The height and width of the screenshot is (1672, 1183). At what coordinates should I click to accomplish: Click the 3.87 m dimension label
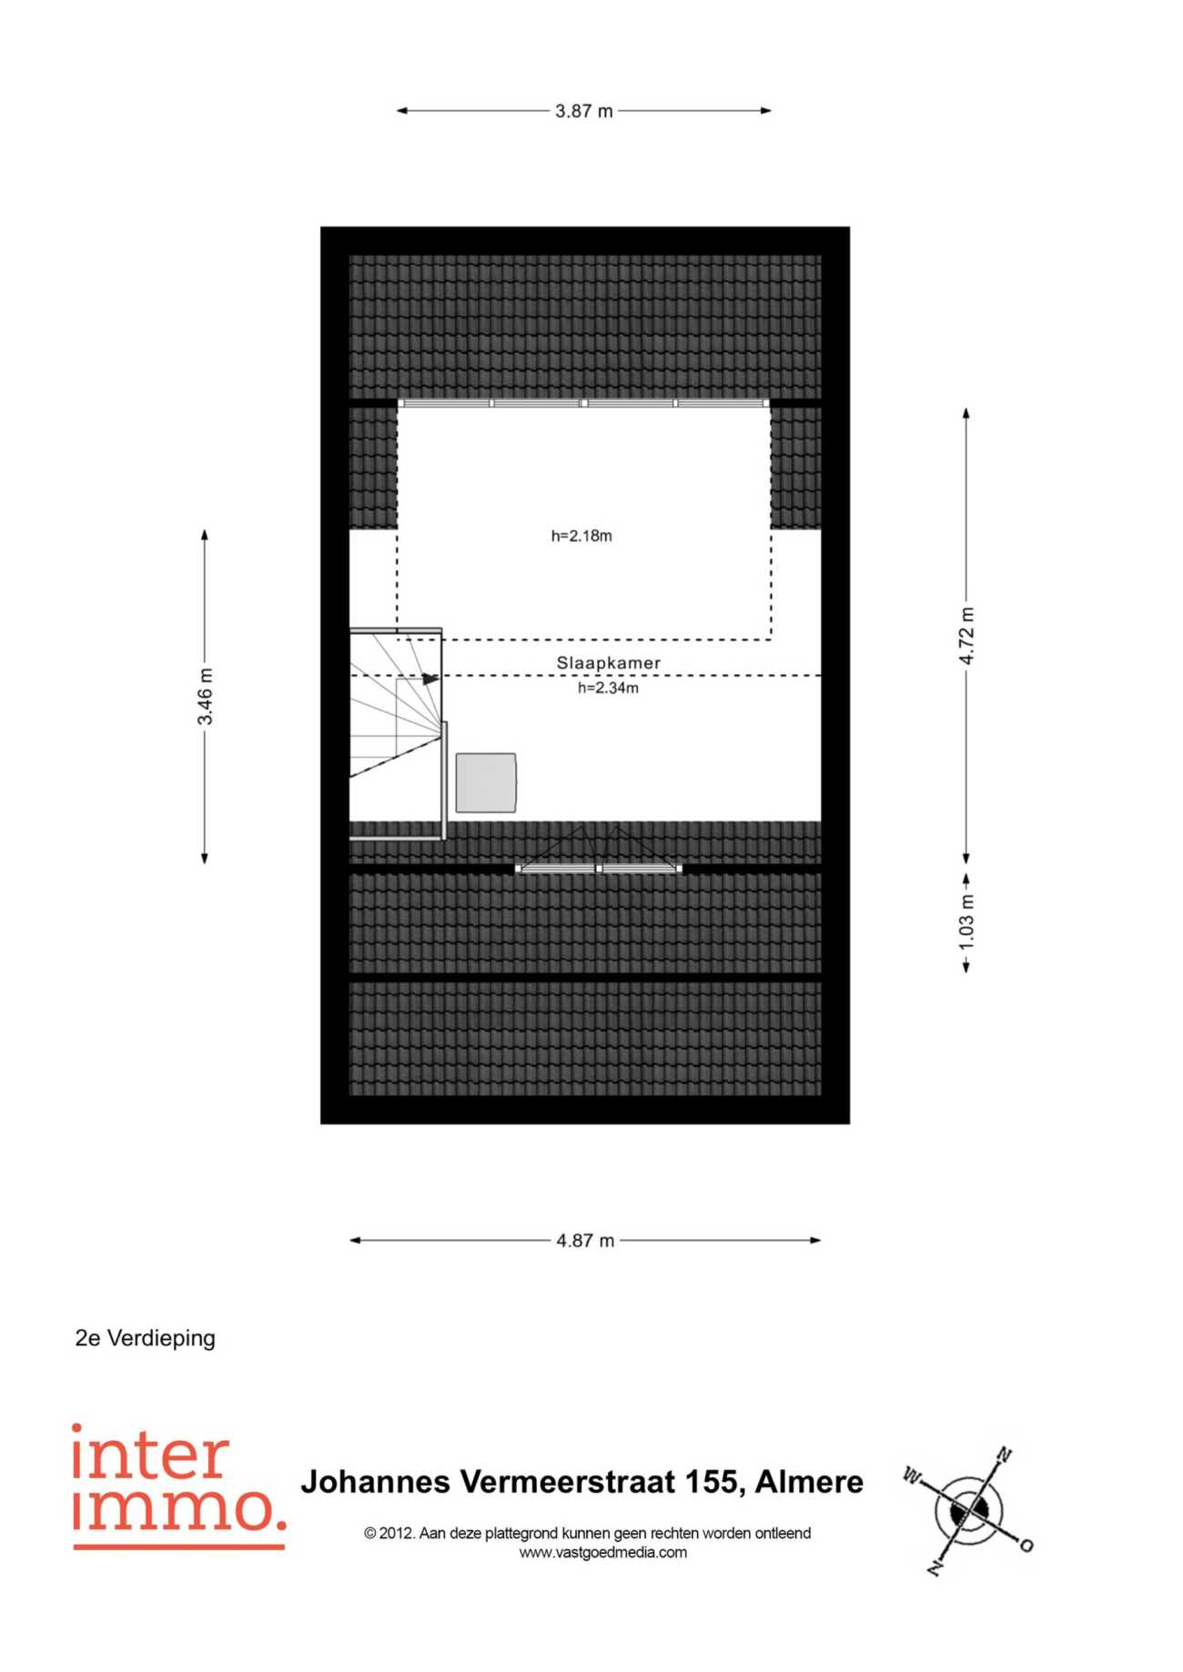tap(584, 111)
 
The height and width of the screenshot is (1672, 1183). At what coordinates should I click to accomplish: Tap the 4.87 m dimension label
tap(585, 1241)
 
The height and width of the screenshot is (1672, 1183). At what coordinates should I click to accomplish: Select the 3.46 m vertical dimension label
tap(206, 697)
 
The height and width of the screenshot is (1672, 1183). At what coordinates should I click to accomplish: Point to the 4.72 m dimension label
tap(966, 636)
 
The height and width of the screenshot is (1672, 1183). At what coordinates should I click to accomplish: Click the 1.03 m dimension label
tap(966, 922)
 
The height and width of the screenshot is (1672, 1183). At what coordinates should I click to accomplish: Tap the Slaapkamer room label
tap(609, 663)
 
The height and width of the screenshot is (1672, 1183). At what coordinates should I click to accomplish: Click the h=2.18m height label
tap(581, 536)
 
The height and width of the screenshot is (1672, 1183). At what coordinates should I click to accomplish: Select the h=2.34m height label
tap(608, 689)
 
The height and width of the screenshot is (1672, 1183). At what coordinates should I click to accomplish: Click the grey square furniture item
tap(486, 782)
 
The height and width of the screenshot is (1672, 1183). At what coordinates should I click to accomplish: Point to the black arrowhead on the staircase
tap(430, 679)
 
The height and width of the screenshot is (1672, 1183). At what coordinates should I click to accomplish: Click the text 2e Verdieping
tap(146, 1338)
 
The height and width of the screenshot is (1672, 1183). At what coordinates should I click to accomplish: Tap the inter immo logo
tap(178, 1486)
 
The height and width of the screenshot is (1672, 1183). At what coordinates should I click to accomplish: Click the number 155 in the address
tap(712, 1482)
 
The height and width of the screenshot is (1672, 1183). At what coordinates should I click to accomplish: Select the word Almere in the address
tap(809, 1482)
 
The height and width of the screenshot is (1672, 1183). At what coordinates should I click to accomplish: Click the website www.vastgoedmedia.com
tap(603, 1553)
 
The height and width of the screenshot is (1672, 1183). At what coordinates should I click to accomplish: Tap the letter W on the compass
tap(912, 1475)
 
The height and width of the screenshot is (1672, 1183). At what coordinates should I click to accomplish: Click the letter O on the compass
tap(1026, 1546)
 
